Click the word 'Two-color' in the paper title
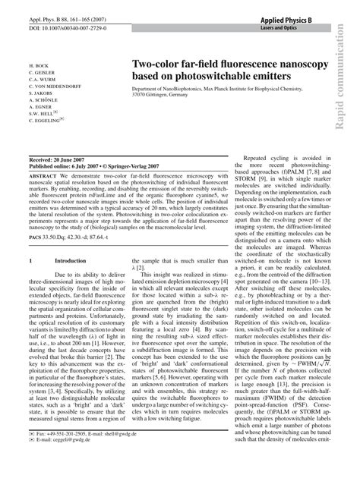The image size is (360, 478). point(157,65)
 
